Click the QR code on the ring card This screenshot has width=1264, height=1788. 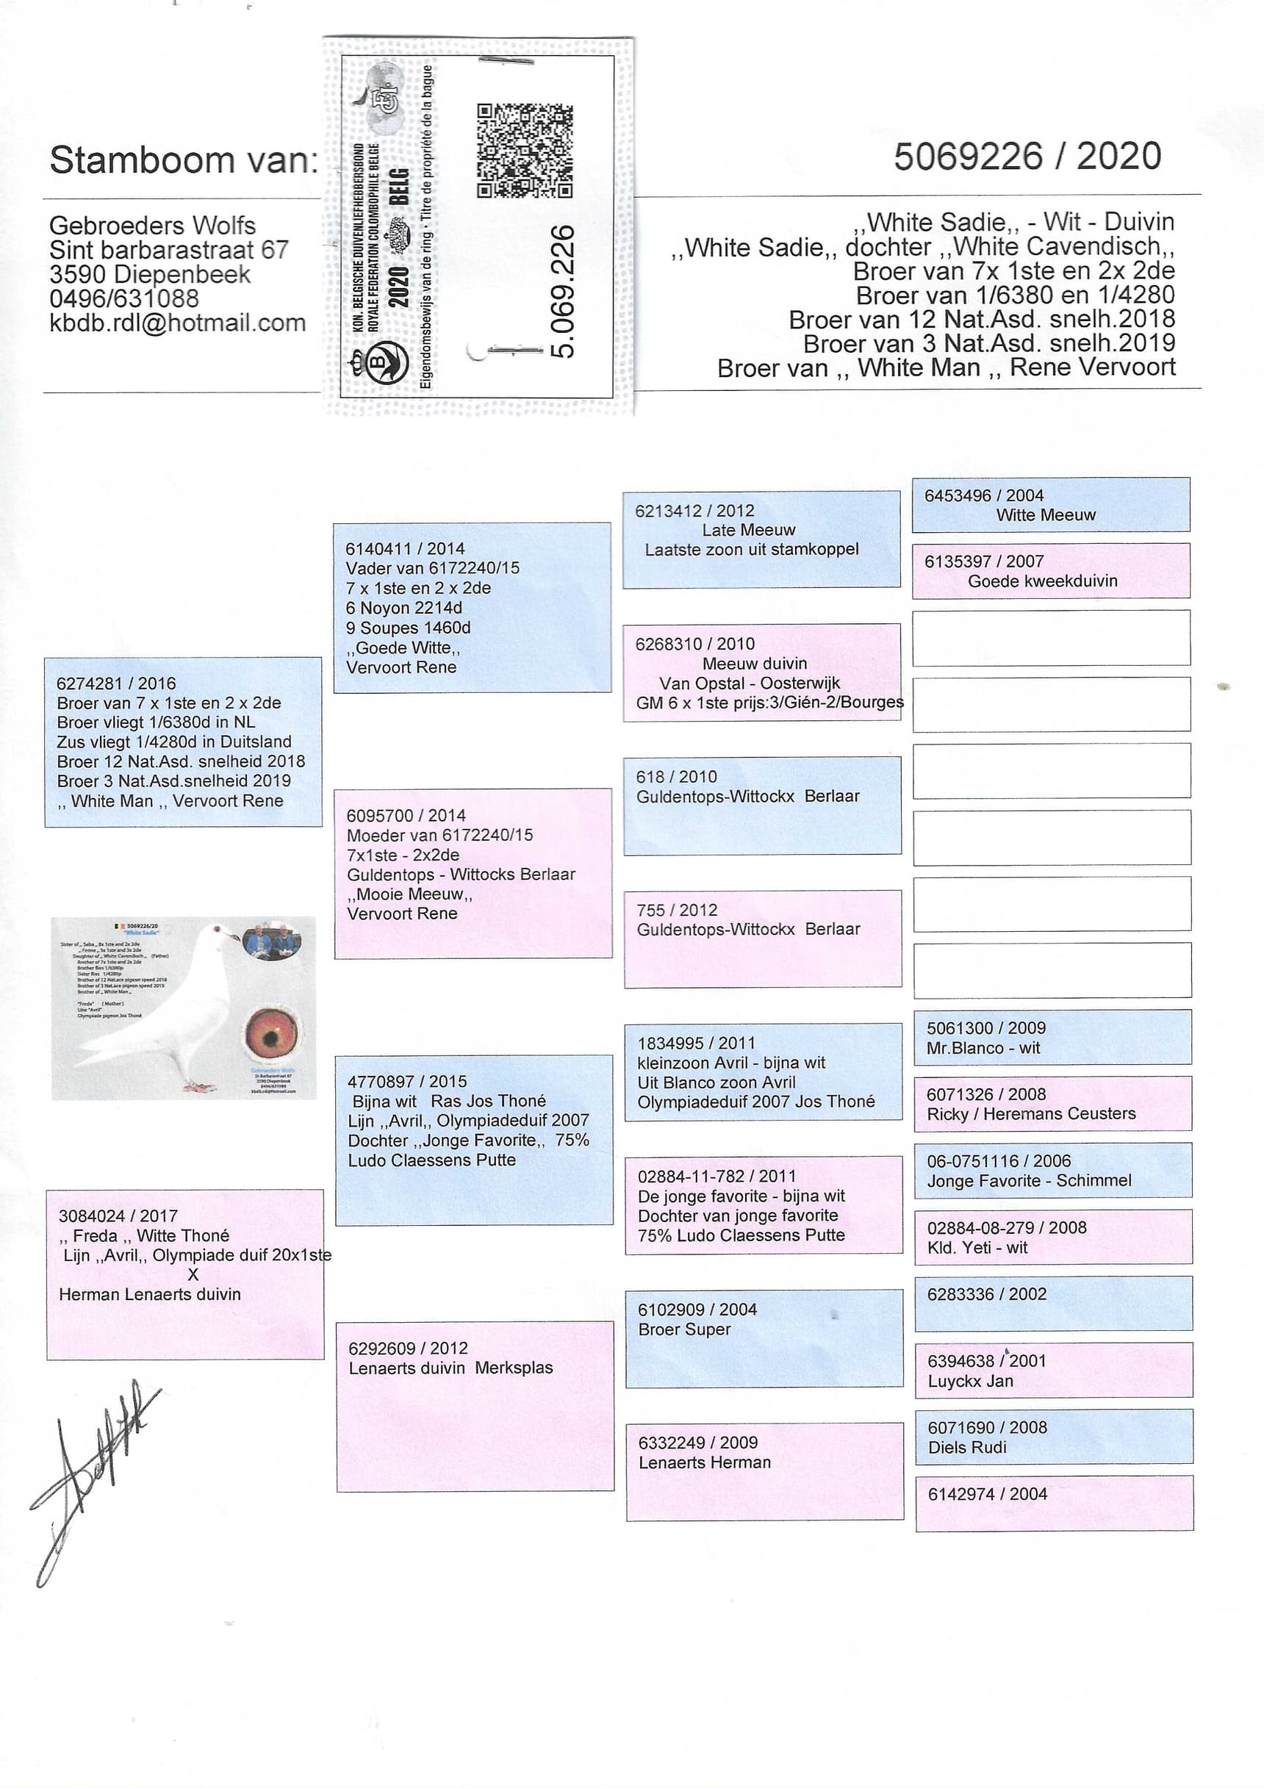pyautogui.click(x=524, y=151)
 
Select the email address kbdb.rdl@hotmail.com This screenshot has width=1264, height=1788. pyautogui.click(x=177, y=323)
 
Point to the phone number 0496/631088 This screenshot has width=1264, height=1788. pyautogui.click(x=124, y=298)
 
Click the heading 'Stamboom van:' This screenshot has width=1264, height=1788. pyautogui.click(x=184, y=159)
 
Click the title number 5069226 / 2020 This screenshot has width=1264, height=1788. pyautogui.click(x=1027, y=157)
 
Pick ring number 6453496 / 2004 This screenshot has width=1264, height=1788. pyautogui.click(x=983, y=495)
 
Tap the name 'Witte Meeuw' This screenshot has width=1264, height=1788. pyautogui.click(x=1045, y=514)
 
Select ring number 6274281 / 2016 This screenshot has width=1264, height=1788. pyautogui.click(x=116, y=683)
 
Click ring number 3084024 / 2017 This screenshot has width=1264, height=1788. pyautogui.click(x=118, y=1216)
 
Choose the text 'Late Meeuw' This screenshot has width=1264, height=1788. pyautogui.click(x=747, y=530)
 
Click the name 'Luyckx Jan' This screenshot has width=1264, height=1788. pyautogui.click(x=969, y=1381)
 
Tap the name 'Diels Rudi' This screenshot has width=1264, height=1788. pyautogui.click(x=966, y=1447)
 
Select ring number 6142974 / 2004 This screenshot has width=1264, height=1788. pyautogui.click(x=987, y=1493)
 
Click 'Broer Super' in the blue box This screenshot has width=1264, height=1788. pyautogui.click(x=683, y=1329)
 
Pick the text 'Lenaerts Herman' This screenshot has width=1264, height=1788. pyautogui.click(x=704, y=1462)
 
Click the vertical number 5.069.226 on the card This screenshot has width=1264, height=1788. pyautogui.click(x=562, y=291)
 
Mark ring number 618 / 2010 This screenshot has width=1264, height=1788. pyautogui.click(x=676, y=776)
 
